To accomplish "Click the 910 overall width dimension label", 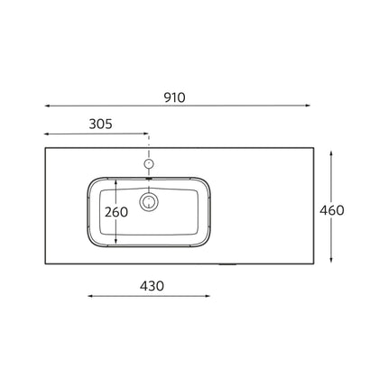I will point(175,98).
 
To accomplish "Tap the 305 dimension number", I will point(100,125).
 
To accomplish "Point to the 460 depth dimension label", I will point(332,210).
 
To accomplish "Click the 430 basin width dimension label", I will point(151,285).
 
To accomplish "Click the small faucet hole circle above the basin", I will point(150,164).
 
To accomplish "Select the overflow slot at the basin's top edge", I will point(150,178).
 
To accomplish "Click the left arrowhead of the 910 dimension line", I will point(46,106).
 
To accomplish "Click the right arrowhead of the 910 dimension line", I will point(309,106).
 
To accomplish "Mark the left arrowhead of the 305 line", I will point(46,134).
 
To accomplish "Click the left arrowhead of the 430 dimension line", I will point(88,295).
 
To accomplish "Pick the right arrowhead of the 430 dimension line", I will point(211,295).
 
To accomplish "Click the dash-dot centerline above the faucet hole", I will point(150,144).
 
